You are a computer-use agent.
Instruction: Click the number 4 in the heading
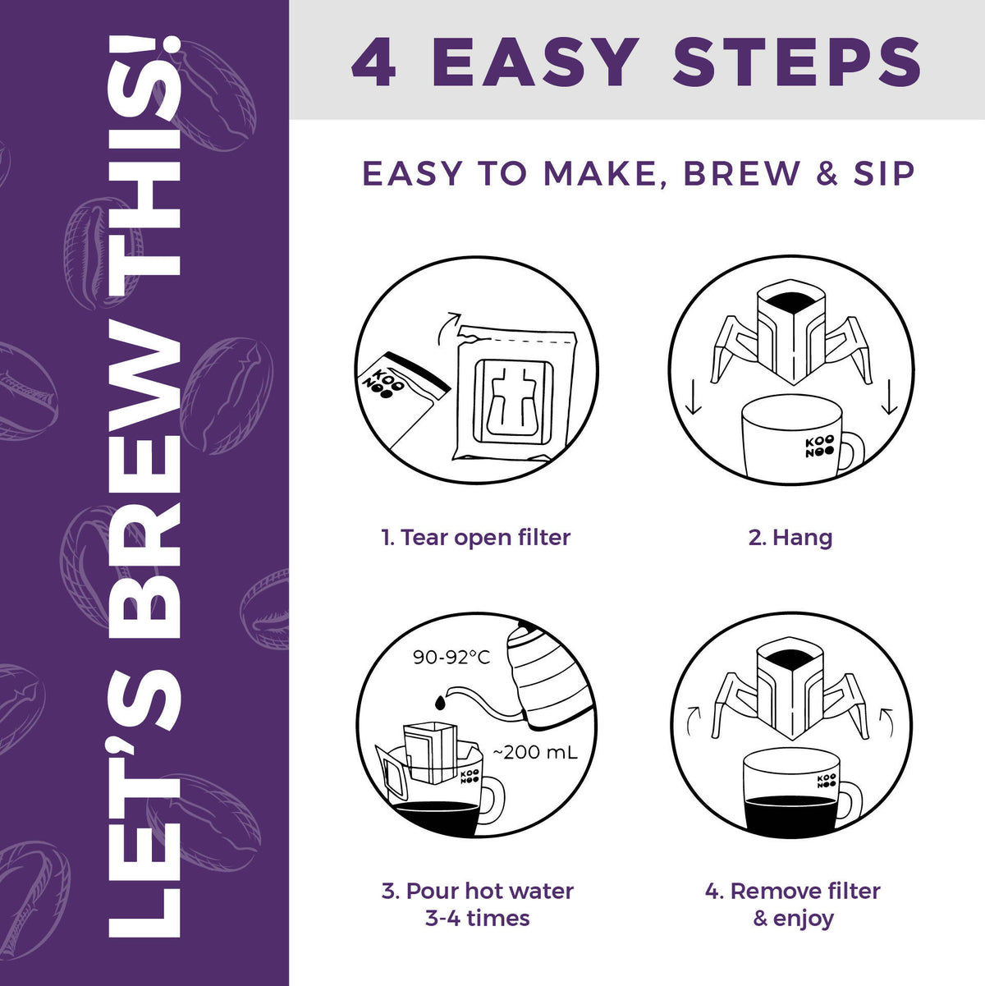point(373,62)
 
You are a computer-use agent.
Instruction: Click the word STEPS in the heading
point(797,62)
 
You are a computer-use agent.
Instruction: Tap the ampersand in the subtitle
point(827,173)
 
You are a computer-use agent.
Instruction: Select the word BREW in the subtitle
point(741,173)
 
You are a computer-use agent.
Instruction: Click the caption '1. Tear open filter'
point(476,537)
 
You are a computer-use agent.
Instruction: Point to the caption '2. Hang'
point(790,537)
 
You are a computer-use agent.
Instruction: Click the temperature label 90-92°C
point(451,657)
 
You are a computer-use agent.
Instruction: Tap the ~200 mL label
point(535,752)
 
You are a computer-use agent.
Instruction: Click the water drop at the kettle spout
point(440,703)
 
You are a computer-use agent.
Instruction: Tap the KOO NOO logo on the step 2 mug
point(820,446)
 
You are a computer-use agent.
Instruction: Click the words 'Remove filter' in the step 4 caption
point(805,891)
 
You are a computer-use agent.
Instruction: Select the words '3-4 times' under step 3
point(478,918)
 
